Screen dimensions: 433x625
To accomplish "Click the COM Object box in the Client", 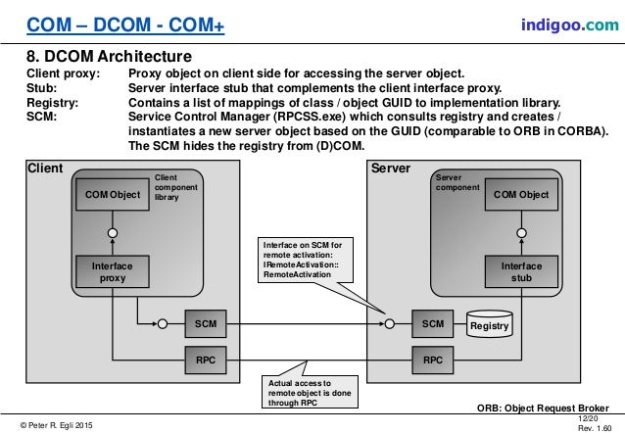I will click(113, 195).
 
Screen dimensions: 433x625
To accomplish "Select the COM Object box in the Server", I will click(520, 195).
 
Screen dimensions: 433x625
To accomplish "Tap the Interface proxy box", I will click(113, 271).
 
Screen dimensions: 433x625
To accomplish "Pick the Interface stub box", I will click(520, 271).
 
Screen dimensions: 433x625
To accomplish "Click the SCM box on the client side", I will click(206, 323).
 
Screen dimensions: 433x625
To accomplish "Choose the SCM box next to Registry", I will click(432, 323).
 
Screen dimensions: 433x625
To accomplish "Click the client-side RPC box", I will click(206, 361).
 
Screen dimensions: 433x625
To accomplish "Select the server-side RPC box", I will click(432, 361).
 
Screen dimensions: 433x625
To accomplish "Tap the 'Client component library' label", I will click(172, 187).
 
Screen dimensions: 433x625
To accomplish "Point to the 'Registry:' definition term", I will click(53, 102).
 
